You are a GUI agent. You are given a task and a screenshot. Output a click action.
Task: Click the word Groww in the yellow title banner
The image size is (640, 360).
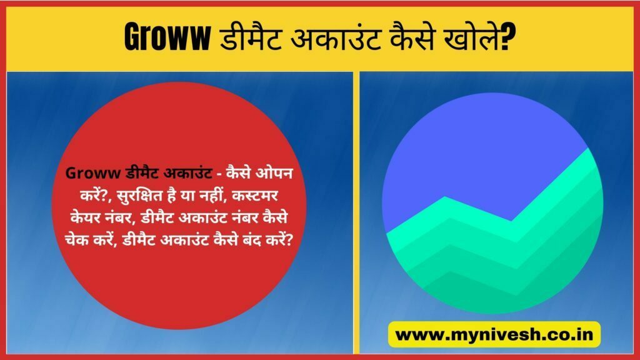(167, 37)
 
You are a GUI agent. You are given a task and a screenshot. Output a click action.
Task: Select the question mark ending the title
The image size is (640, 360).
(509, 37)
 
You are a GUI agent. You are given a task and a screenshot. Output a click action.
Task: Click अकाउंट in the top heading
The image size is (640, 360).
(336, 37)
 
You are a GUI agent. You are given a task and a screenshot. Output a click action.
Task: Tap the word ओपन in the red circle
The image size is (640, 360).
(274, 173)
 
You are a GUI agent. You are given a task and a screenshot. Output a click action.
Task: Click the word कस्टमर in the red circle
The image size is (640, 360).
(255, 196)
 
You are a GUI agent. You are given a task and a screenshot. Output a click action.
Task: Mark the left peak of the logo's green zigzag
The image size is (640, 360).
(444, 197)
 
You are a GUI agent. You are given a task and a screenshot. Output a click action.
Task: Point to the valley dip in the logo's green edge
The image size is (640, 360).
(511, 221)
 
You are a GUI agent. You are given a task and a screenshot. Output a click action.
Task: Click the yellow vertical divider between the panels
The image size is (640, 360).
(356, 212)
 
